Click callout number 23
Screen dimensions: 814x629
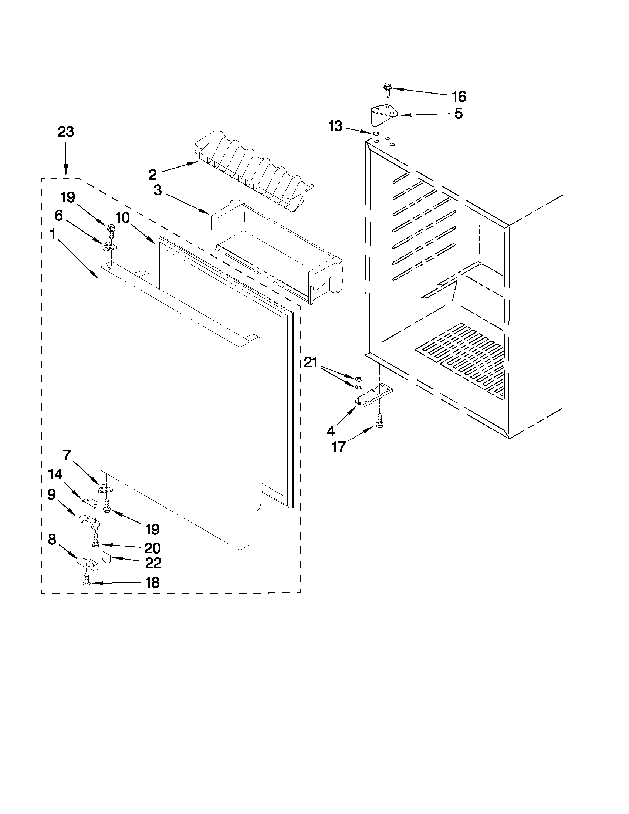click(x=65, y=132)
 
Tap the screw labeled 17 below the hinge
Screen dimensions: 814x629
click(x=379, y=420)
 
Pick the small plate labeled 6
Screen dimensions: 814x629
click(x=109, y=246)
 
